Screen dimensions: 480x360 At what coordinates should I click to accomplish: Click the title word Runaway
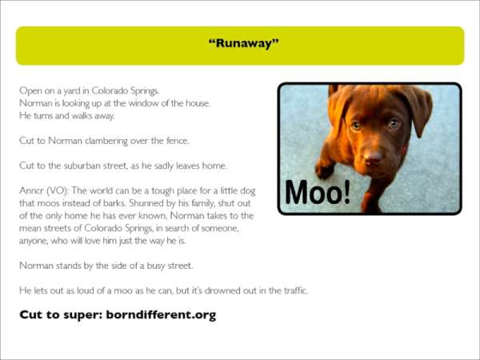pos(244,43)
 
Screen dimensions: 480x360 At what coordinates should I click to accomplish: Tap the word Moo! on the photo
pos(318,192)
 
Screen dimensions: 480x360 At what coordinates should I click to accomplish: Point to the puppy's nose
pos(373,158)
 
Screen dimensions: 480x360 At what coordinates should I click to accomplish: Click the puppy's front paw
pos(324,170)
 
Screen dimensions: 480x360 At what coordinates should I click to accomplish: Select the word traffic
pos(295,290)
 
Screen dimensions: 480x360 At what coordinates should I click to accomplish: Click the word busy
pos(157,266)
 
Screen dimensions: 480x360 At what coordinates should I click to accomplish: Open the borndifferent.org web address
pos(161,315)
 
